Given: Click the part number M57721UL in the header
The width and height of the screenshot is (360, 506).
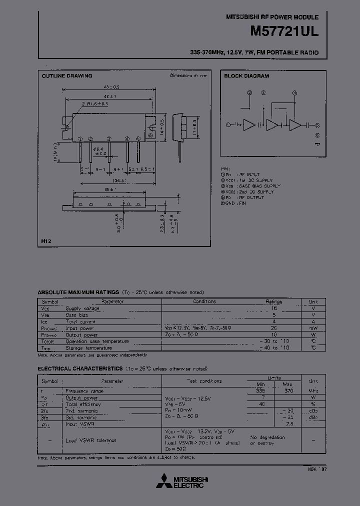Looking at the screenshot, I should [284, 30].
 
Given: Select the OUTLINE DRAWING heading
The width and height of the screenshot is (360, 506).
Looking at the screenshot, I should [66, 76].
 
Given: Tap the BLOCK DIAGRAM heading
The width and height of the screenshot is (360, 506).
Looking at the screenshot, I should [246, 76].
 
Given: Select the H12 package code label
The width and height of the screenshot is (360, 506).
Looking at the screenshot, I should [46, 241].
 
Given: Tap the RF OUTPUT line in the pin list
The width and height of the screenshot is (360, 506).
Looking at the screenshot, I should [250, 197].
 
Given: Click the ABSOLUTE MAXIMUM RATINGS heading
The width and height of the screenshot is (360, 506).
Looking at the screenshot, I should [78, 292].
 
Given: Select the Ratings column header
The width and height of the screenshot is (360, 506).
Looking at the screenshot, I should [273, 301].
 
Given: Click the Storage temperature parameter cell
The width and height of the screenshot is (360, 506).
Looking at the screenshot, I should [88, 347].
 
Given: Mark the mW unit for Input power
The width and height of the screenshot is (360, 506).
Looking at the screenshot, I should [313, 328].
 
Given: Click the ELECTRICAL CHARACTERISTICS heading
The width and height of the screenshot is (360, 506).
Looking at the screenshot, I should [80, 368].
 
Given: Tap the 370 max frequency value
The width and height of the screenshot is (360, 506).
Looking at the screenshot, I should [289, 390].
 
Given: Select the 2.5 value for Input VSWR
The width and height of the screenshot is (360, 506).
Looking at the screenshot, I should [289, 423].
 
